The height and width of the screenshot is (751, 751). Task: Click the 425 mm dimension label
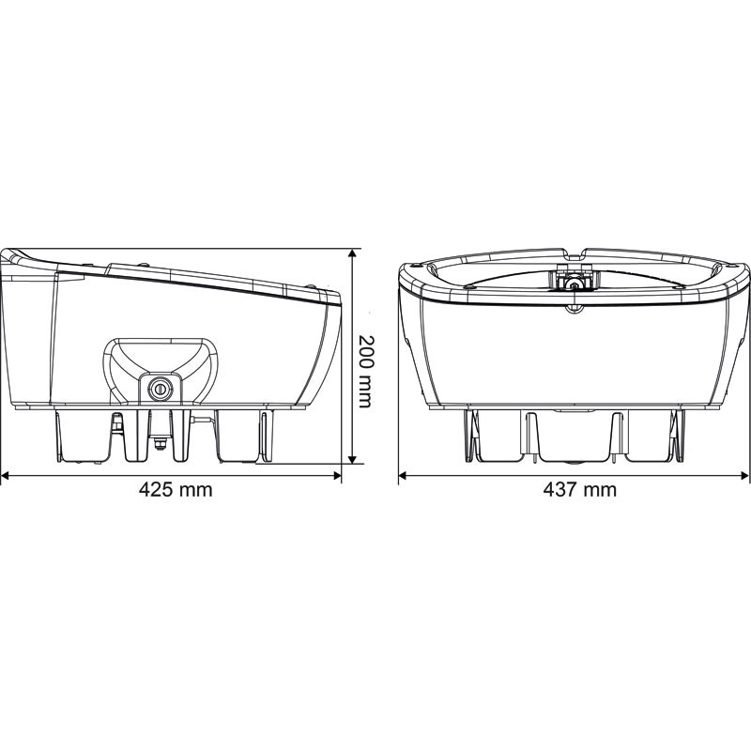pos(176,489)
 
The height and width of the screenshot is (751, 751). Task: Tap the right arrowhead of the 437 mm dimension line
pos(747,475)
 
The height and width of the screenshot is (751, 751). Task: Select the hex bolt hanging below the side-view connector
pos(159,447)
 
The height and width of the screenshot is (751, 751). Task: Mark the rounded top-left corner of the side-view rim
pos(12,256)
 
